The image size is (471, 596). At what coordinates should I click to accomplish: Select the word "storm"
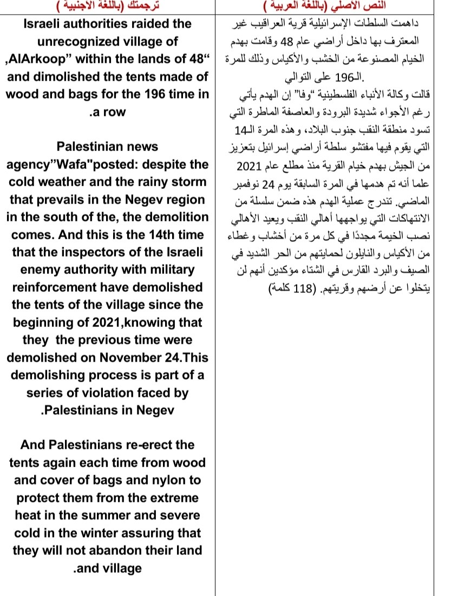coord(190,181)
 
